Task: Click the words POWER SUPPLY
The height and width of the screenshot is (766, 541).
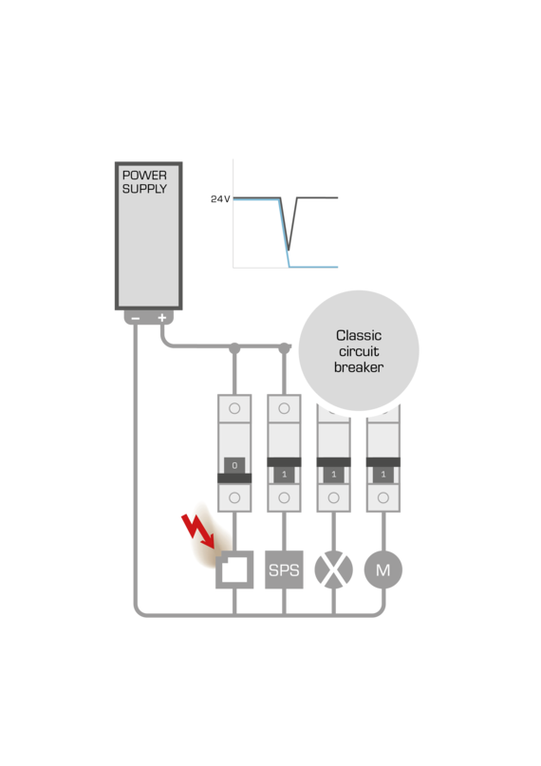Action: [x=144, y=182]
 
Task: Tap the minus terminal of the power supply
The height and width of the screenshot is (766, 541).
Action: [x=136, y=318]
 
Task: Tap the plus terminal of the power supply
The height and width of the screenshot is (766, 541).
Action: [x=161, y=318]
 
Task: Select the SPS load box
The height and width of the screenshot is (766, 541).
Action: [x=284, y=570]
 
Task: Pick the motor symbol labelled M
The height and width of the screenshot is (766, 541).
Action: [x=382, y=570]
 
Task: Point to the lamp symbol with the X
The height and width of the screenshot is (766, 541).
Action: [x=333, y=570]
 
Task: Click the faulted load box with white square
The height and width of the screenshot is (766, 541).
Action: [x=234, y=570]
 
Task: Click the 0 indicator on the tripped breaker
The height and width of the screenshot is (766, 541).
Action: [x=234, y=465]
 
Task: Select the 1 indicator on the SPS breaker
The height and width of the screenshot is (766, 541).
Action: [x=284, y=473]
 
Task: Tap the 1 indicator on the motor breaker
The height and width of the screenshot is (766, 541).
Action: [x=382, y=473]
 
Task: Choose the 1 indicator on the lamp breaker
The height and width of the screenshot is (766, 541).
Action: [x=333, y=473]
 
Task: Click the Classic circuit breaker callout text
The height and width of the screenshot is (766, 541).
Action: [x=359, y=351]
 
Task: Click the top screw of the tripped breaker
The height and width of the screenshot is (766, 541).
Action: [x=234, y=408]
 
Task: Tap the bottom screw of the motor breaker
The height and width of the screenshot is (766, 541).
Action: [x=382, y=496]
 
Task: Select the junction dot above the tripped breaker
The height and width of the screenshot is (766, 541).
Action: [x=234, y=351]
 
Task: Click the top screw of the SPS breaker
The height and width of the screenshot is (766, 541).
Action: [x=284, y=408]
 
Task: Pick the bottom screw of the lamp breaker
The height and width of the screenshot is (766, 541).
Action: [x=333, y=496]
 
